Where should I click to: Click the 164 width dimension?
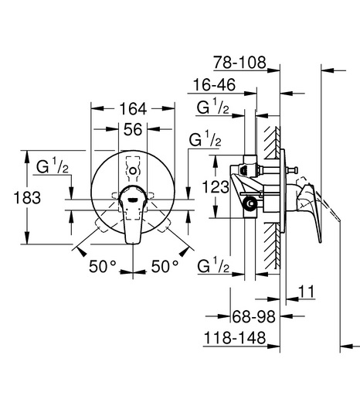(133, 109)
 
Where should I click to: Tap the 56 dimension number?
(133, 129)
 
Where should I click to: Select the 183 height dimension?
(27, 197)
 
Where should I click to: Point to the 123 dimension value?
(216, 187)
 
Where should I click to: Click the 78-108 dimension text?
(239, 63)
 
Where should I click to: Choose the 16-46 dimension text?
(214, 85)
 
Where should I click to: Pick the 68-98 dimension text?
(253, 316)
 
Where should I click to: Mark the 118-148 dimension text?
(235, 338)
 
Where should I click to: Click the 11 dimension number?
(307, 292)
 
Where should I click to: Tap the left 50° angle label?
(103, 266)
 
